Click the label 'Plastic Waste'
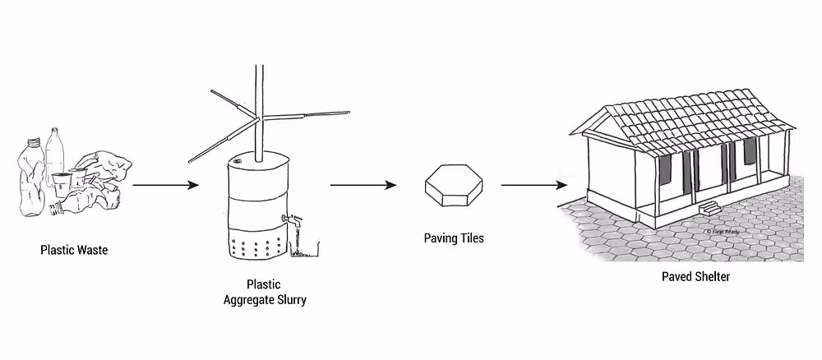pos(74,250)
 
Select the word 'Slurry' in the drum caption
pos(289,300)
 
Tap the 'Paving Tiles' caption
pos(454,238)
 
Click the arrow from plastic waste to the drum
pos(165,185)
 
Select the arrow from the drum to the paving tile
pos(363,185)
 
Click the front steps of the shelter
pos(708,209)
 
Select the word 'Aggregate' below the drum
pos(250,300)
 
